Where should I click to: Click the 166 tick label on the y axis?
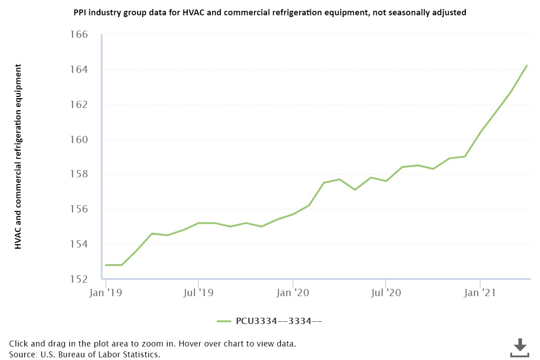[78, 35]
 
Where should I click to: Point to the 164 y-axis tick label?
[78, 70]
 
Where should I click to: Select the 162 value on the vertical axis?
[78, 105]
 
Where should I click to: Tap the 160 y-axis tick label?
[78, 139]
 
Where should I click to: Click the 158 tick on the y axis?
[78, 175]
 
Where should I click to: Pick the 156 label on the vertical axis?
[78, 209]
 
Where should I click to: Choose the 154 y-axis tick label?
[78, 244]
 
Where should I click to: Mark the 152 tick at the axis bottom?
[78, 279]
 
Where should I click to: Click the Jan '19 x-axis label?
[106, 293]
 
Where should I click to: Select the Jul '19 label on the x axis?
[199, 293]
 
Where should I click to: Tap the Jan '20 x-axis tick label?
[293, 293]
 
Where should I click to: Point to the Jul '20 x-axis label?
[386, 293]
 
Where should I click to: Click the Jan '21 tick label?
[480, 293]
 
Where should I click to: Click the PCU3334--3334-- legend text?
[279, 321]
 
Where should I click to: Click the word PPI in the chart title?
[80, 13]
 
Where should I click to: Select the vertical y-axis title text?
[18, 157]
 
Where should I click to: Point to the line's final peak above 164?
[527, 66]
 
